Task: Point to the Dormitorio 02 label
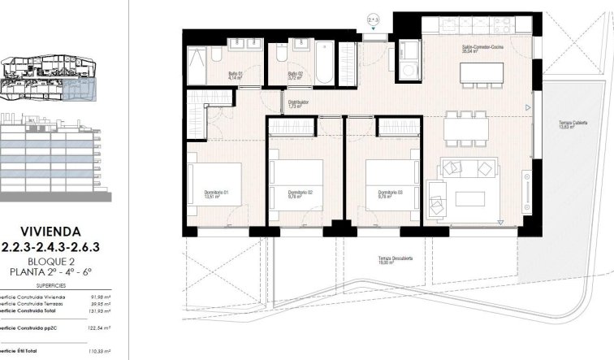point(298,193)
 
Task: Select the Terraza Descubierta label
point(396,259)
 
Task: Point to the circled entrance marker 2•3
point(374,15)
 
